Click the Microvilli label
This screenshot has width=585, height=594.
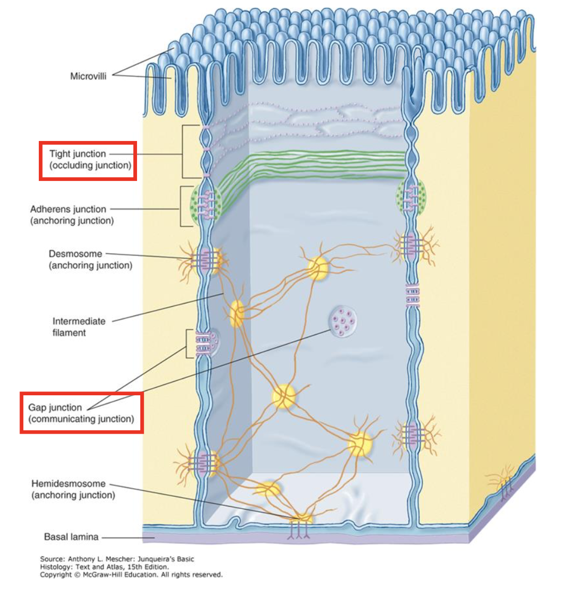88,76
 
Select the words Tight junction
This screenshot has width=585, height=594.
78,154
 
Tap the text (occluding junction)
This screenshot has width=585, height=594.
90,166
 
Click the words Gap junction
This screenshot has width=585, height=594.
55,407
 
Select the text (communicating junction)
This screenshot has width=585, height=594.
81,419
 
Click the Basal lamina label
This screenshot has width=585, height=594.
71,537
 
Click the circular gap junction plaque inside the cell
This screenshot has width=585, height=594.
341,321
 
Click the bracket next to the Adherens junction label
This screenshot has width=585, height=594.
182,206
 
